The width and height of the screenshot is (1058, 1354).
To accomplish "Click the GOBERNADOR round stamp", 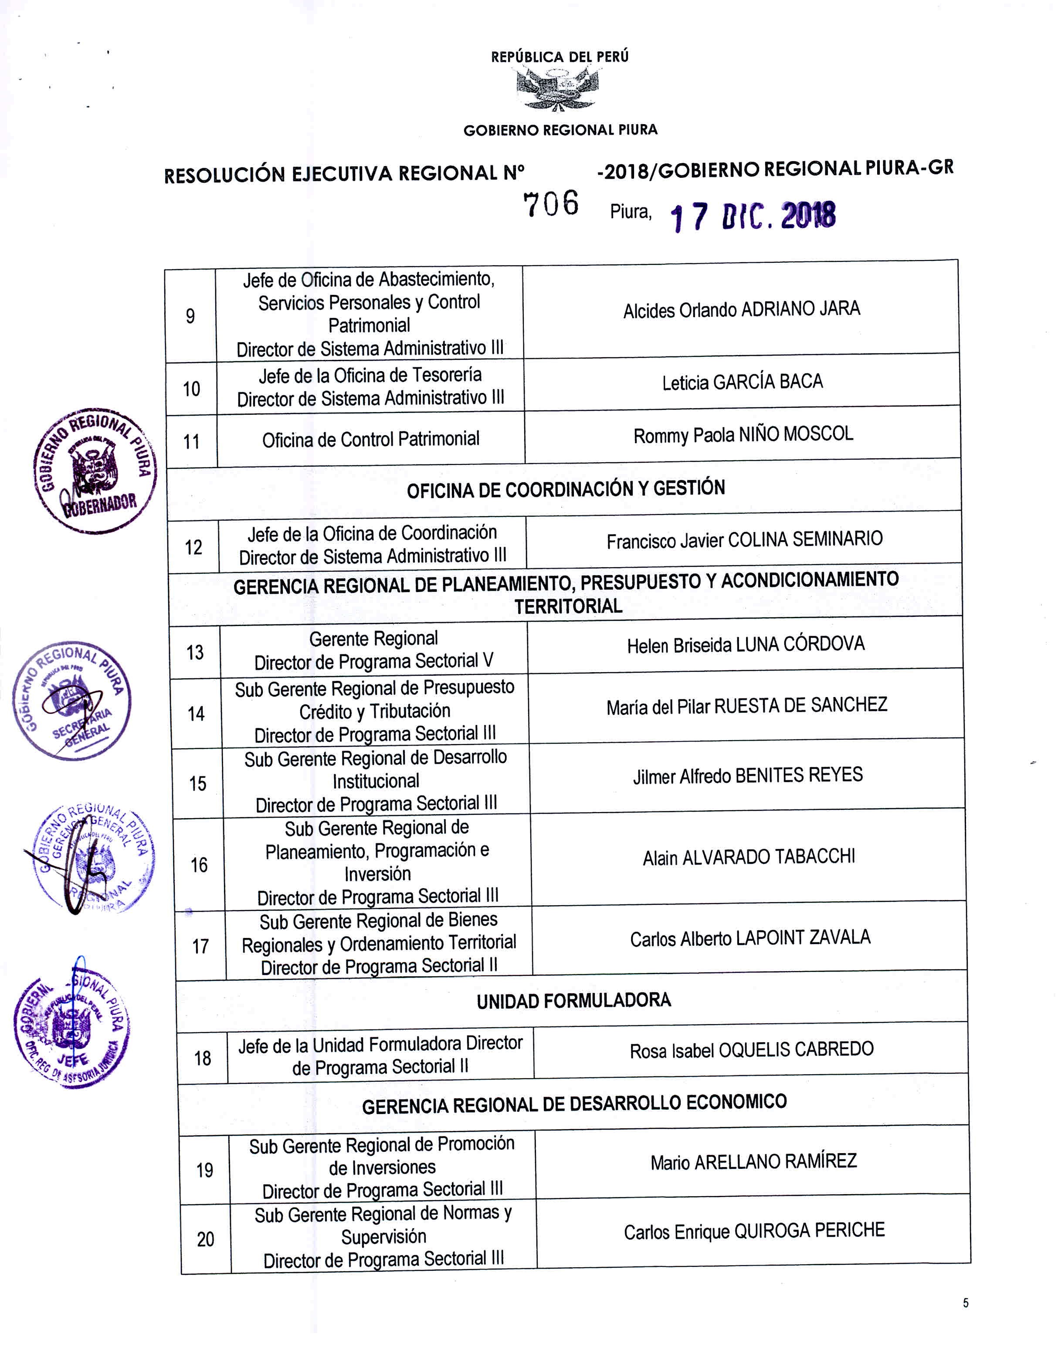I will tap(95, 471).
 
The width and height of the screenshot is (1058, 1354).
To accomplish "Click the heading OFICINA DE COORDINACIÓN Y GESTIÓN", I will tap(566, 489).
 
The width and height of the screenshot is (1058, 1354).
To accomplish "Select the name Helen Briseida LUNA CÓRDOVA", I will tap(746, 645).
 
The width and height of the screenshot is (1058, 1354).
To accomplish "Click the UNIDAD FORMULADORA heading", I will tap(573, 1001).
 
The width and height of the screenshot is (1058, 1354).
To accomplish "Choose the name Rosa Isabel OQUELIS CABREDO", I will tap(752, 1049).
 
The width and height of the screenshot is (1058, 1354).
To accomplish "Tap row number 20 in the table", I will tap(205, 1239).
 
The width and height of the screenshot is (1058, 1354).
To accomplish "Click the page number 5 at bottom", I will tap(966, 1303).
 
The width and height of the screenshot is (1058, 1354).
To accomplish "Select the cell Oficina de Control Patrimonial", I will tap(371, 440).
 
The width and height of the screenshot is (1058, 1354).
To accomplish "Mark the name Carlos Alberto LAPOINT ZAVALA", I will tap(750, 938).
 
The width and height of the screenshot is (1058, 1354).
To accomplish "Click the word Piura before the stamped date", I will tap(631, 212).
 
